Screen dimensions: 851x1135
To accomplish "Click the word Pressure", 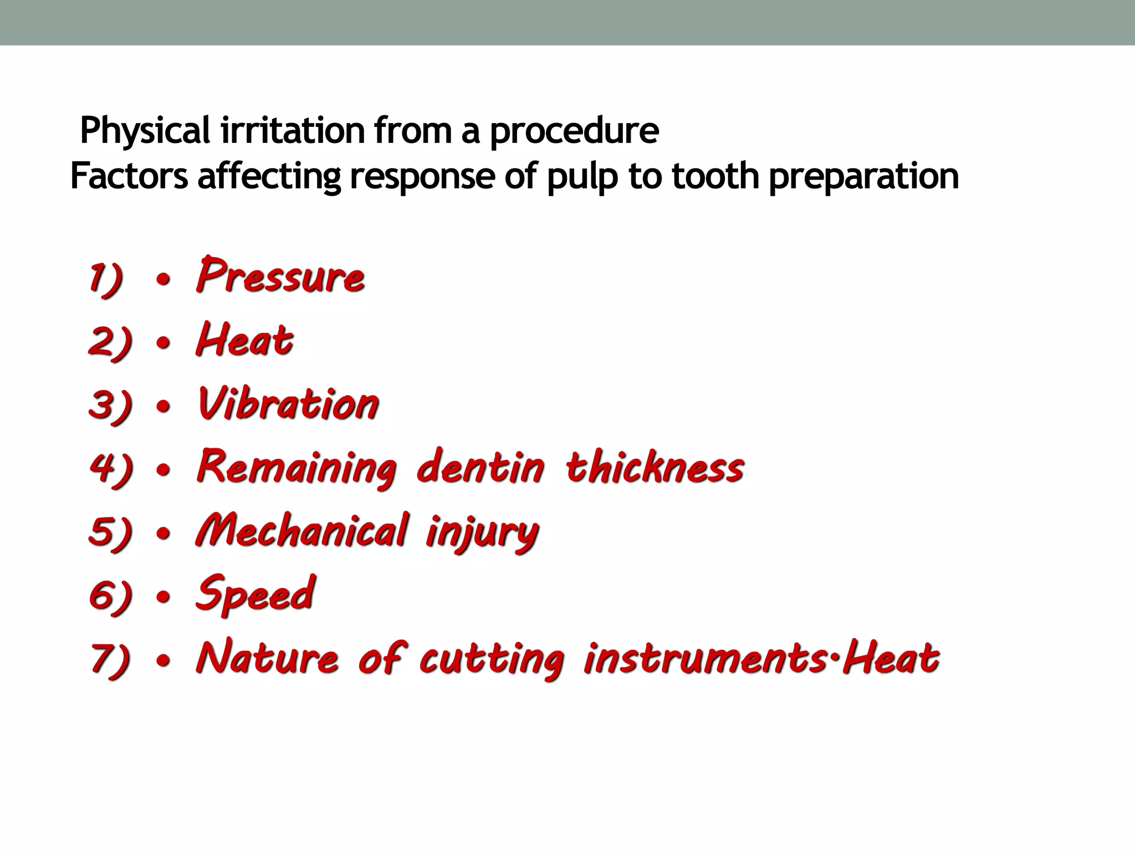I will coord(280,276).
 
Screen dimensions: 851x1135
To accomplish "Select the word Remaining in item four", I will coord(297,468).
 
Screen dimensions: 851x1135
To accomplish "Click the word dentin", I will coord(480,466).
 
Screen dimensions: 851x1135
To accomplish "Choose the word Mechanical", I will coord(303,531).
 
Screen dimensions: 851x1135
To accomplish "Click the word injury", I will coord(482,533).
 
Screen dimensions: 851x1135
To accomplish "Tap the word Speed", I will coord(255,594).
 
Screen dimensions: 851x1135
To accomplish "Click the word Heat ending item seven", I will coord(891,658).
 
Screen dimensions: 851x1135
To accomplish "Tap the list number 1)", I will coord(106,278).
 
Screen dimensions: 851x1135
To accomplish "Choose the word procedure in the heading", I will coord(574,131).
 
